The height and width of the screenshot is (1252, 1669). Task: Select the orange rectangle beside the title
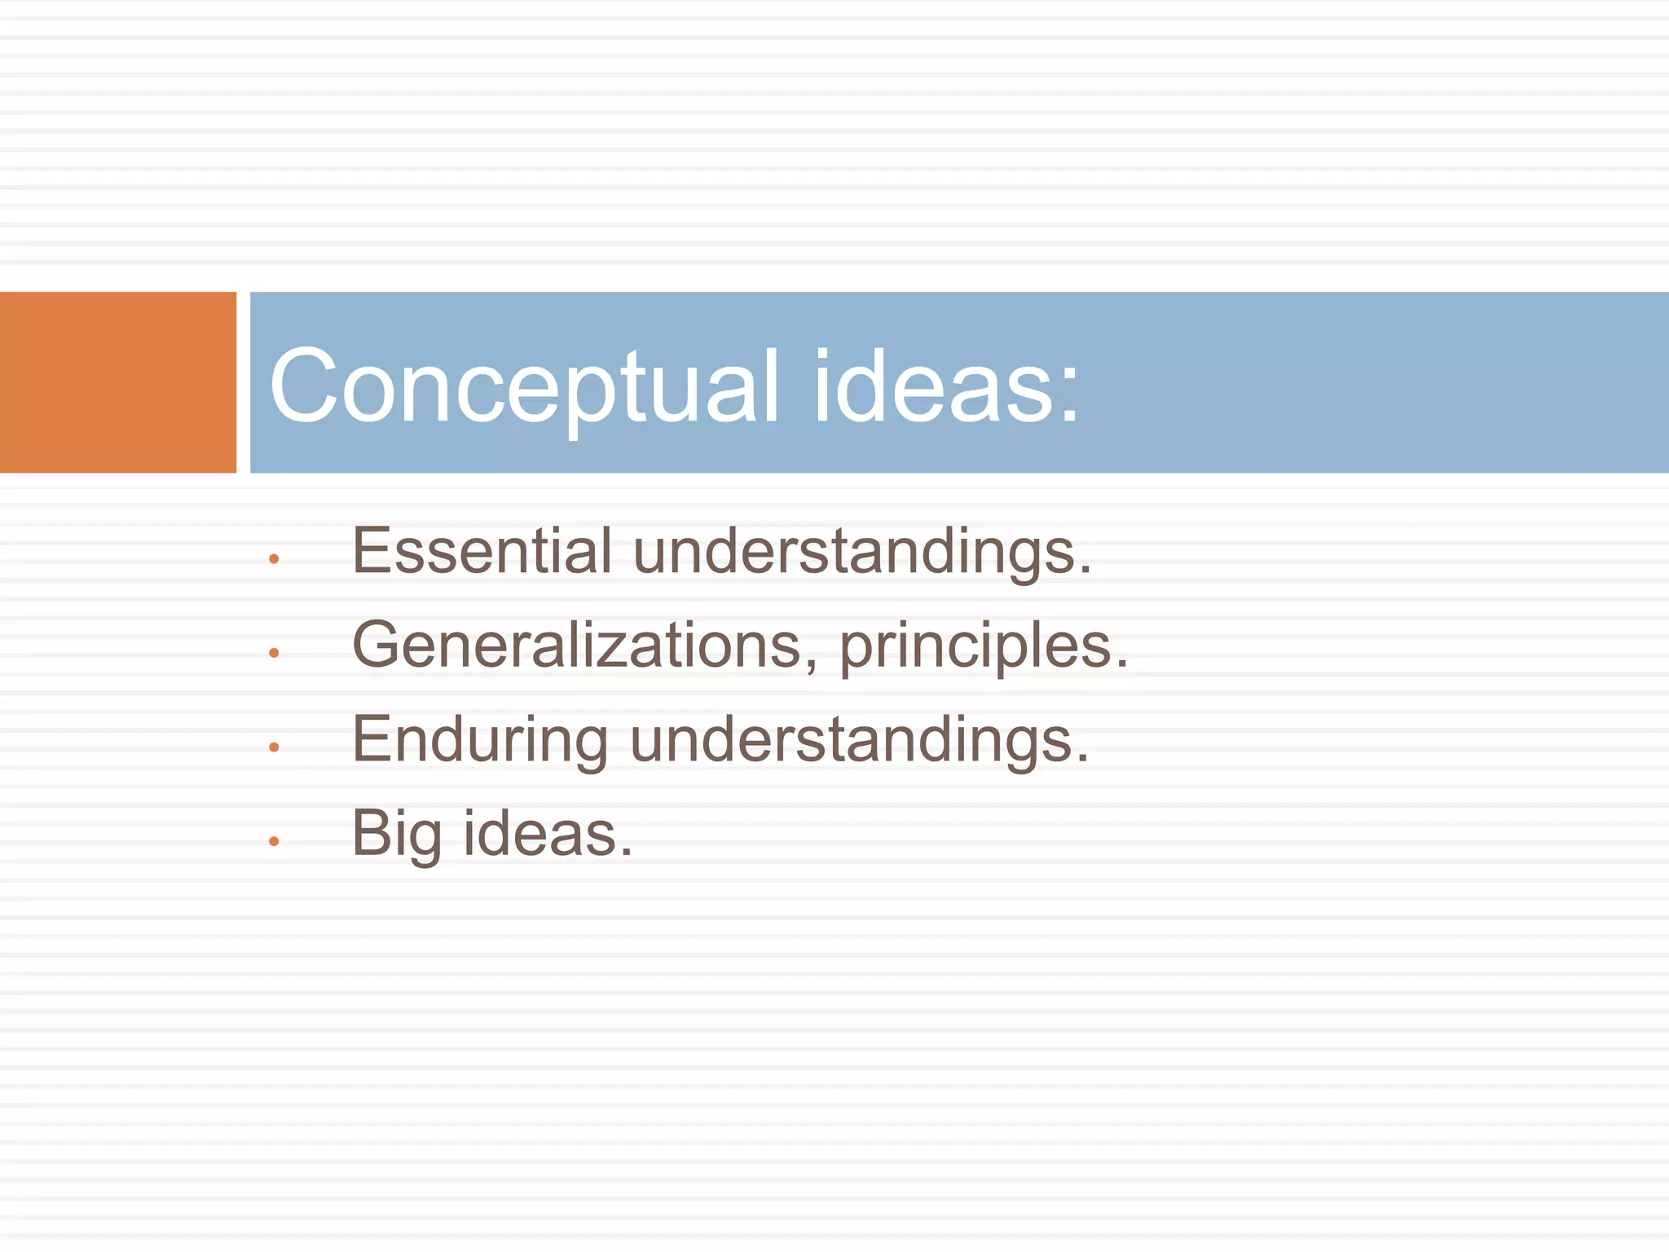tap(117, 382)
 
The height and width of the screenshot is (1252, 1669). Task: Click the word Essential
tap(482, 551)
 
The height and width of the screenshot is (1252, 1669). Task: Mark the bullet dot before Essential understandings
tap(274, 559)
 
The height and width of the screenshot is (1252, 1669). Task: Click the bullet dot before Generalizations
tap(274, 653)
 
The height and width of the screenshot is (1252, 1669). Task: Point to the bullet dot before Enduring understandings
tap(274, 747)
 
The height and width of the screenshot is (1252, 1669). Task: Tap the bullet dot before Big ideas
tap(274, 840)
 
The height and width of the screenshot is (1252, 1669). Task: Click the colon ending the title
tap(1069, 395)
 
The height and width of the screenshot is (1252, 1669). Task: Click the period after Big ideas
tap(626, 853)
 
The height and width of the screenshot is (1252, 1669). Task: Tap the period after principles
tap(1122, 665)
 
